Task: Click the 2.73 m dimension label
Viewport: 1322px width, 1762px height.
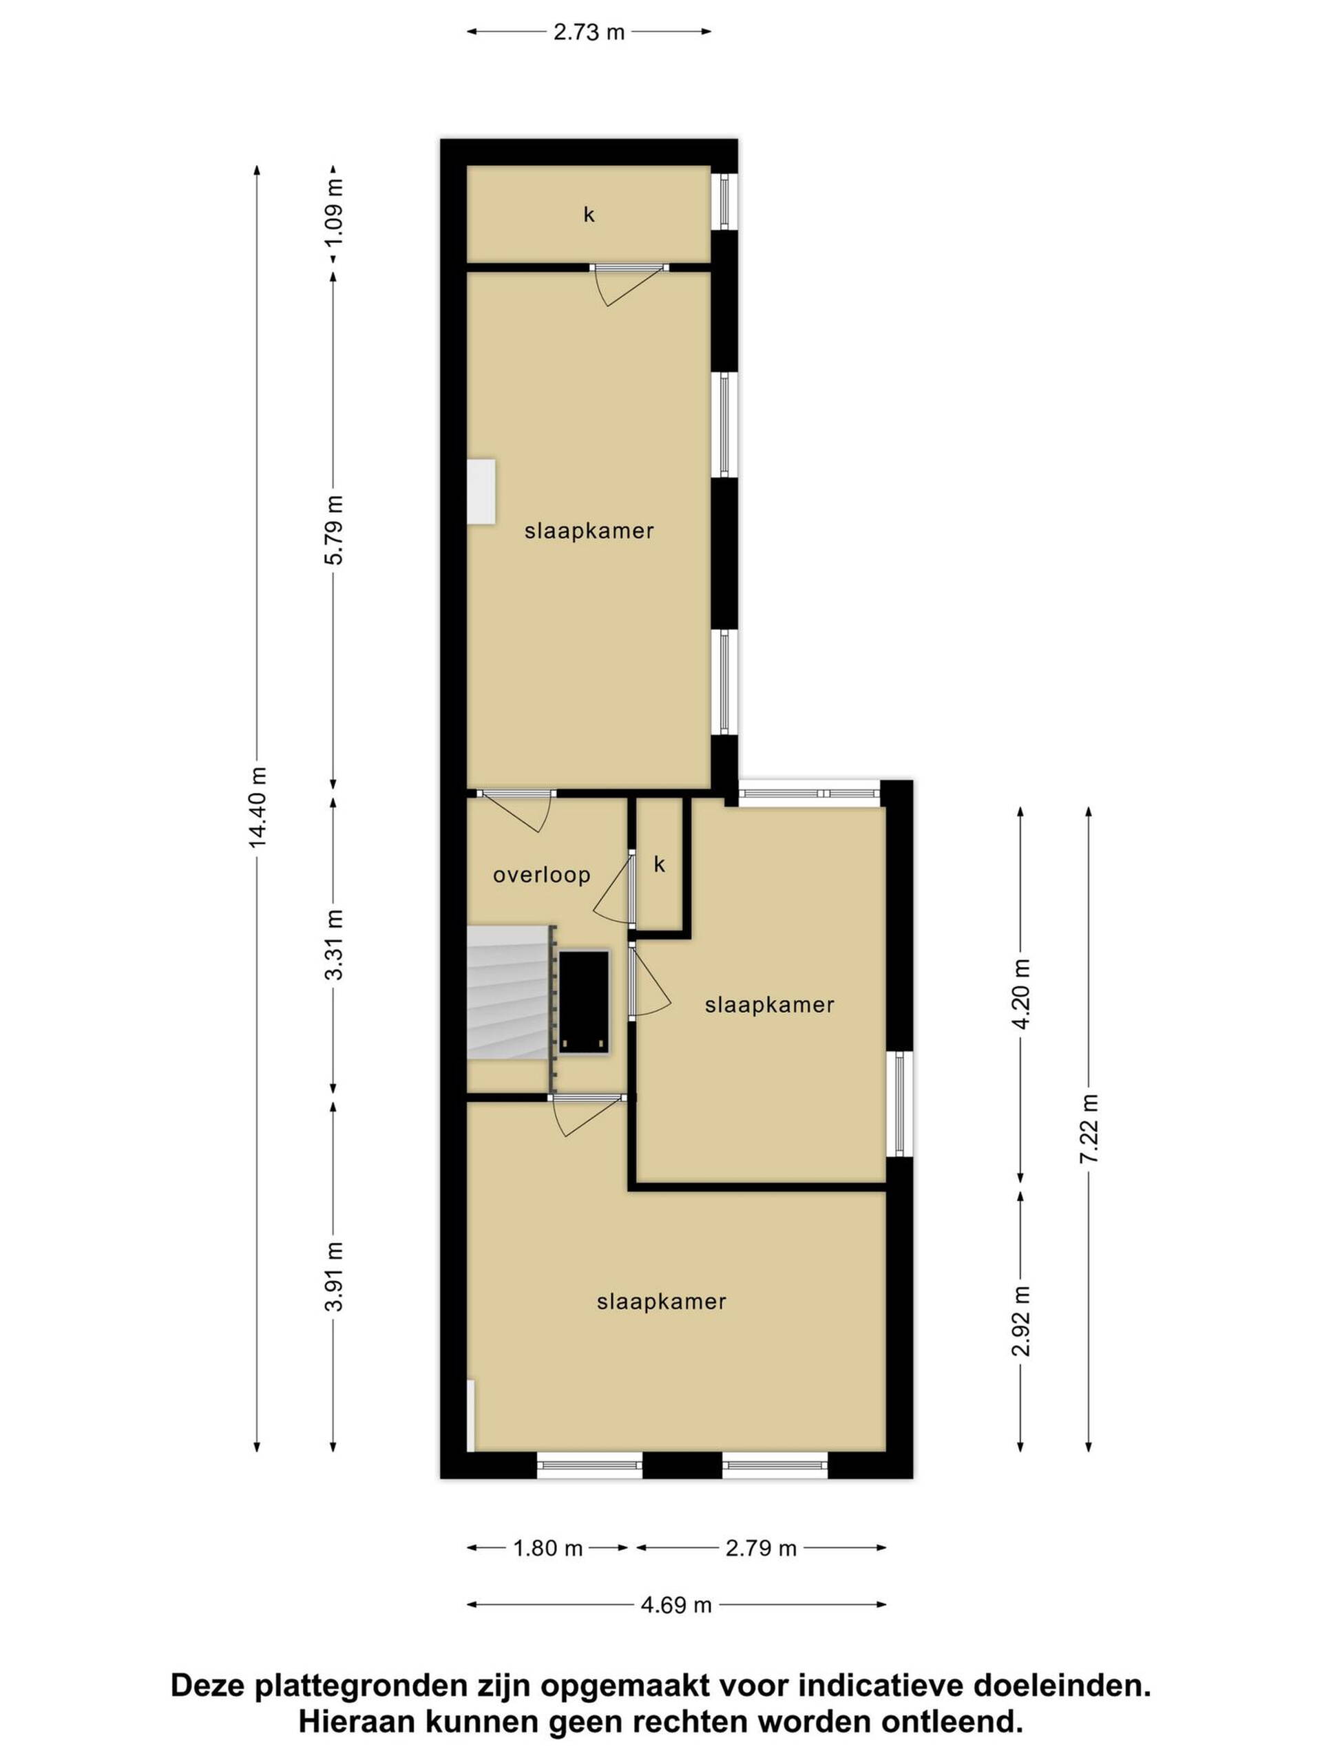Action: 588,32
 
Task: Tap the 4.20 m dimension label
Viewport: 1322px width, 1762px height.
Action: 1021,994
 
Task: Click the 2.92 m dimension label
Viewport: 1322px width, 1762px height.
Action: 1021,1321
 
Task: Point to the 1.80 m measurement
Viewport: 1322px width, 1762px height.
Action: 548,1549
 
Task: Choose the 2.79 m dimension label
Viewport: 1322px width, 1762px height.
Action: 761,1549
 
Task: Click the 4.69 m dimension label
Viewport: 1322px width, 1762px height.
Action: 675,1605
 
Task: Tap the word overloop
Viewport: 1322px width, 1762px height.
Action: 541,875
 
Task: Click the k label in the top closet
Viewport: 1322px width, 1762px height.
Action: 589,214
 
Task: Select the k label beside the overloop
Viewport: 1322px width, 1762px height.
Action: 659,864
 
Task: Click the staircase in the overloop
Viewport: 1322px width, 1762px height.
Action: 507,993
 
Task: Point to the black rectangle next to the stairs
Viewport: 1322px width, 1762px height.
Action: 584,1002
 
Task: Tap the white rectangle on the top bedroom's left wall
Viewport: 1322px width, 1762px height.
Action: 481,491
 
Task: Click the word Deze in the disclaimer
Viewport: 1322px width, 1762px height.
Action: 209,1686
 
